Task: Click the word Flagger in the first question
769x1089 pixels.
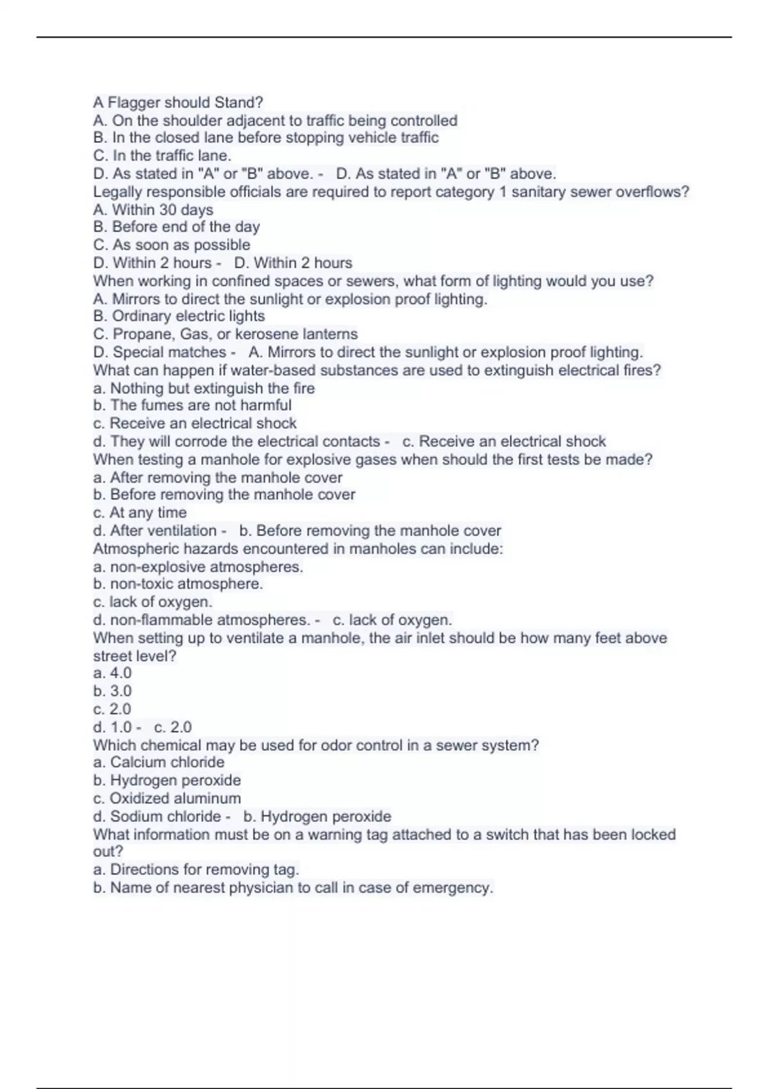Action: (x=131, y=102)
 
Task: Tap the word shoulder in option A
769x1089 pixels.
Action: (x=193, y=120)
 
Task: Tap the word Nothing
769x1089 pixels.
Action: (x=136, y=388)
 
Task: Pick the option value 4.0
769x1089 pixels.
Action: (x=120, y=673)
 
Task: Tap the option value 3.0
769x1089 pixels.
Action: (x=120, y=691)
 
